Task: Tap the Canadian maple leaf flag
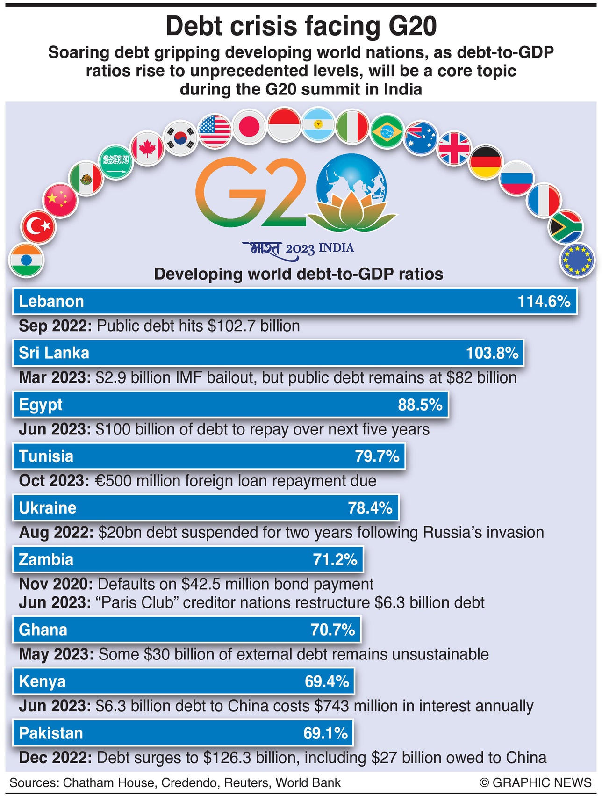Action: [x=147, y=148]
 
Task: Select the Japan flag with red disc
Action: [x=250, y=126]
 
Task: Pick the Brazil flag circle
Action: [x=387, y=132]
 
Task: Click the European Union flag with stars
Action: [x=578, y=260]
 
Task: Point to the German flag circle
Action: [x=485, y=162]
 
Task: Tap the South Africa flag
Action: [x=565, y=227]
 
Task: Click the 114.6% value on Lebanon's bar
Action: [x=544, y=301]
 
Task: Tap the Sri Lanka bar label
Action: [x=54, y=353]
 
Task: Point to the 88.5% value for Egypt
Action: [x=420, y=405]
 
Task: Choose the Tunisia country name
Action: [x=46, y=456]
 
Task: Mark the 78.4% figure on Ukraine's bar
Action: [x=370, y=508]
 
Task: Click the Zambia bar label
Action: [x=46, y=559]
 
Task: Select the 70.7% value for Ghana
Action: [x=333, y=630]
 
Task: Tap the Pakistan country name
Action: [x=50, y=733]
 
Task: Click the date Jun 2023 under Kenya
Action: [x=55, y=706]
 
